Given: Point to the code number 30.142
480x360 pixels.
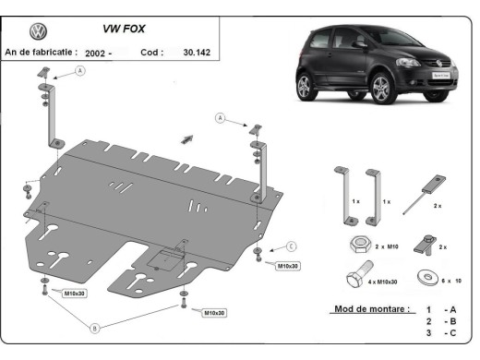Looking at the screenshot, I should click(x=196, y=53).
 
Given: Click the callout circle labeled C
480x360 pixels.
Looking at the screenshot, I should click(x=290, y=246).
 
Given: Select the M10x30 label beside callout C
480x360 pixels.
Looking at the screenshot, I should click(x=288, y=266).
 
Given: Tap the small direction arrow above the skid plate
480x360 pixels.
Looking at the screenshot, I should click(x=188, y=137).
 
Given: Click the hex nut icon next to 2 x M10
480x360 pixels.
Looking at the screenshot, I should click(x=360, y=246).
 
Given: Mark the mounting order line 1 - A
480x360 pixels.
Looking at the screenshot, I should click(x=438, y=310).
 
